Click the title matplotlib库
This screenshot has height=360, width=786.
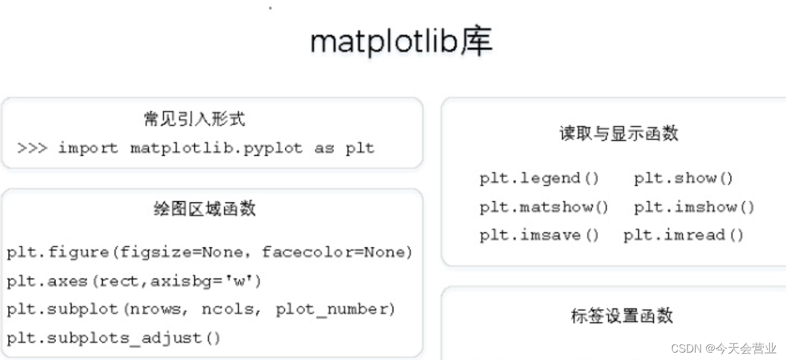click(400, 42)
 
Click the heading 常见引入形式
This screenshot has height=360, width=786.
click(194, 119)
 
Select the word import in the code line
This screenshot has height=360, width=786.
click(87, 148)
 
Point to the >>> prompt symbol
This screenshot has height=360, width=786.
click(32, 148)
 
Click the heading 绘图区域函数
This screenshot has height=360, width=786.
click(204, 209)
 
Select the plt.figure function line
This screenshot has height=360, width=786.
click(209, 252)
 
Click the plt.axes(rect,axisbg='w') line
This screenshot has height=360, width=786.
click(134, 281)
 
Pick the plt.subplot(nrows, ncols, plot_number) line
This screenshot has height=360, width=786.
click(201, 309)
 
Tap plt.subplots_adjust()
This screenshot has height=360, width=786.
click(114, 338)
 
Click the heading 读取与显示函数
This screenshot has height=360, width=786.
click(619, 133)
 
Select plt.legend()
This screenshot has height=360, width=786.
click(539, 178)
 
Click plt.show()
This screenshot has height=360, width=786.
click(684, 178)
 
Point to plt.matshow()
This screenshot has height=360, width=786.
click(544, 207)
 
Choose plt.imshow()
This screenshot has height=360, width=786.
click(694, 207)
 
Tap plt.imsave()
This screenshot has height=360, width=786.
click(539, 235)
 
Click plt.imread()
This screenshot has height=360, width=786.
click(683, 235)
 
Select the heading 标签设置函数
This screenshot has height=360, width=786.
click(622, 316)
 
